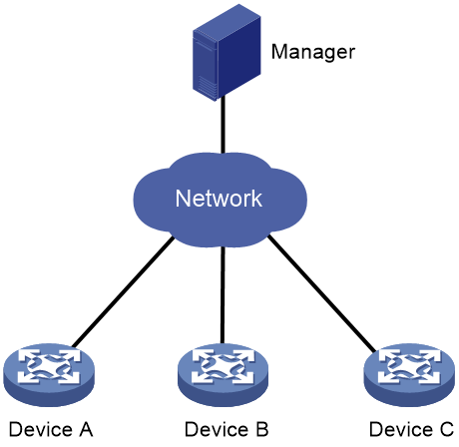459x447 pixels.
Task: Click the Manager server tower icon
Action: click(x=227, y=53)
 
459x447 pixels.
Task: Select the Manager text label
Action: click(x=313, y=52)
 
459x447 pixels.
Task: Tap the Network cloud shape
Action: click(x=221, y=200)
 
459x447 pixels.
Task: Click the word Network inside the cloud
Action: click(x=219, y=199)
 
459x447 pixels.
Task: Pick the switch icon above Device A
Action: click(x=49, y=375)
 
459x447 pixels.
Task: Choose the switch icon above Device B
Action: click(x=223, y=375)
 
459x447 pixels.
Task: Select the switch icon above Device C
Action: click(x=409, y=375)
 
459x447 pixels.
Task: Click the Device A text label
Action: click(x=51, y=429)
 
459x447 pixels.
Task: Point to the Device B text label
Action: click(x=227, y=429)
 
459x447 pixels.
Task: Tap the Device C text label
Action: click(x=411, y=429)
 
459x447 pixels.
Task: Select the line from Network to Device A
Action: click(x=123, y=291)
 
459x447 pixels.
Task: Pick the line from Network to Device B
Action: click(x=223, y=295)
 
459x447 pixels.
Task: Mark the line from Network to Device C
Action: click(x=322, y=293)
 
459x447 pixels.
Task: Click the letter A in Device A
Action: click(x=86, y=429)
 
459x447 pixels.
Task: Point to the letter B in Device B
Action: click(x=261, y=429)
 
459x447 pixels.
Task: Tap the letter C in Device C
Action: click(x=446, y=429)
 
